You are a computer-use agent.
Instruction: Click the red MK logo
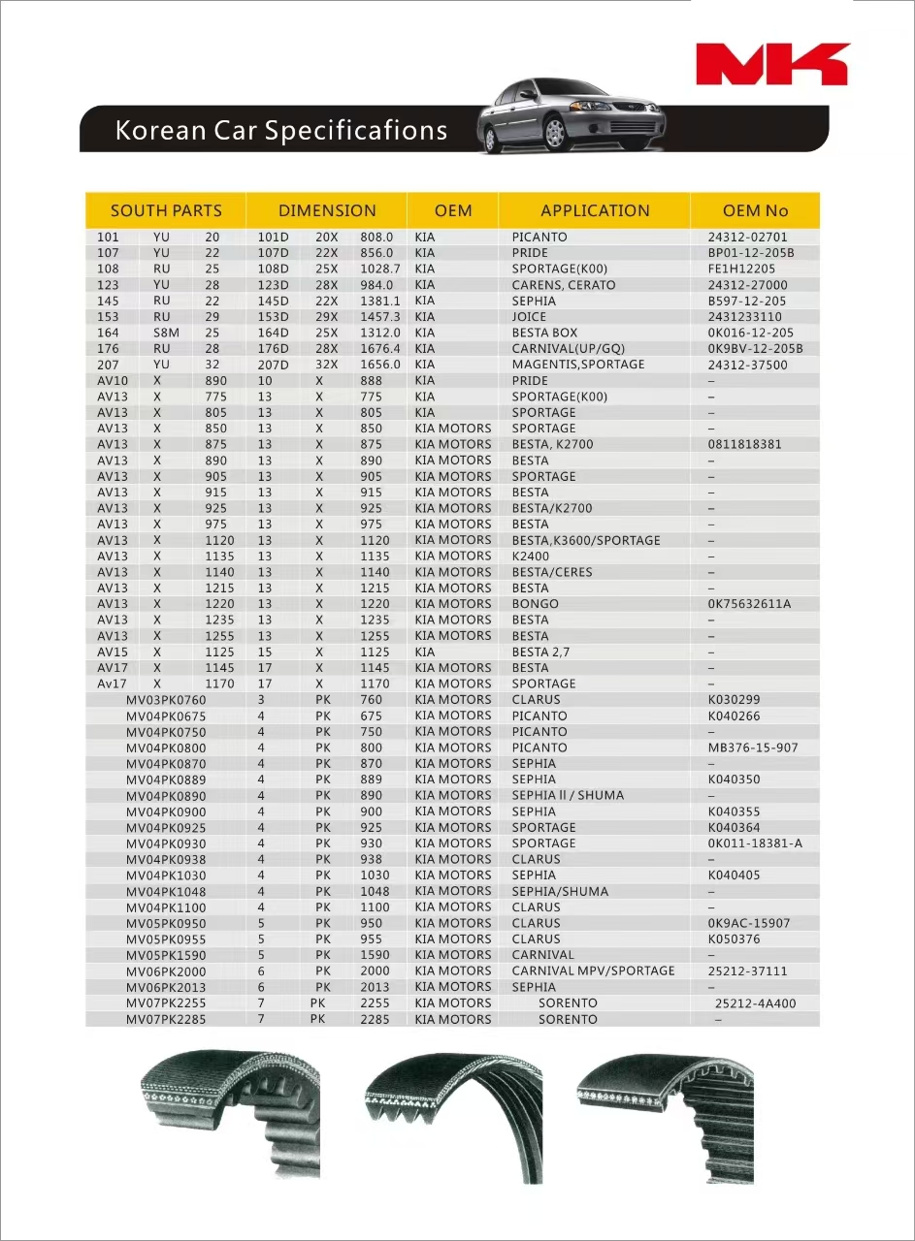tap(772, 64)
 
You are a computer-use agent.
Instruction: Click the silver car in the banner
tap(572, 116)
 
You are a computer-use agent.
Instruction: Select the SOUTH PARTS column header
tap(166, 210)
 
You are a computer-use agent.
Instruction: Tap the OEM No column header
tap(755, 210)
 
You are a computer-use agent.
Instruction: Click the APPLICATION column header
tap(595, 210)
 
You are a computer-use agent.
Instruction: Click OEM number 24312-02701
tap(747, 237)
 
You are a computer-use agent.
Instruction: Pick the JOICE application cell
tap(529, 317)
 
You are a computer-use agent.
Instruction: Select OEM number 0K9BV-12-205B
tap(755, 349)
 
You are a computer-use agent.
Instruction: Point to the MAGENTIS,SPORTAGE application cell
tap(578, 365)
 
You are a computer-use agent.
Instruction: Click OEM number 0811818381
tap(744, 444)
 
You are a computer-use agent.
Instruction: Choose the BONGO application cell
tap(535, 604)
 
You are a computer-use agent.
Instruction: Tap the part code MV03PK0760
tap(166, 700)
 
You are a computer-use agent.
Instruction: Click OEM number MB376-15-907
tap(753, 748)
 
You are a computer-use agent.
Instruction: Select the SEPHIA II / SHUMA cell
tap(568, 795)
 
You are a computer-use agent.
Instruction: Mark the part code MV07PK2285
tap(166, 1019)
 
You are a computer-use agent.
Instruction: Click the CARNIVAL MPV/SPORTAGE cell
tap(593, 971)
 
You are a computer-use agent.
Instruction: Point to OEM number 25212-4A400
tap(755, 1003)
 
